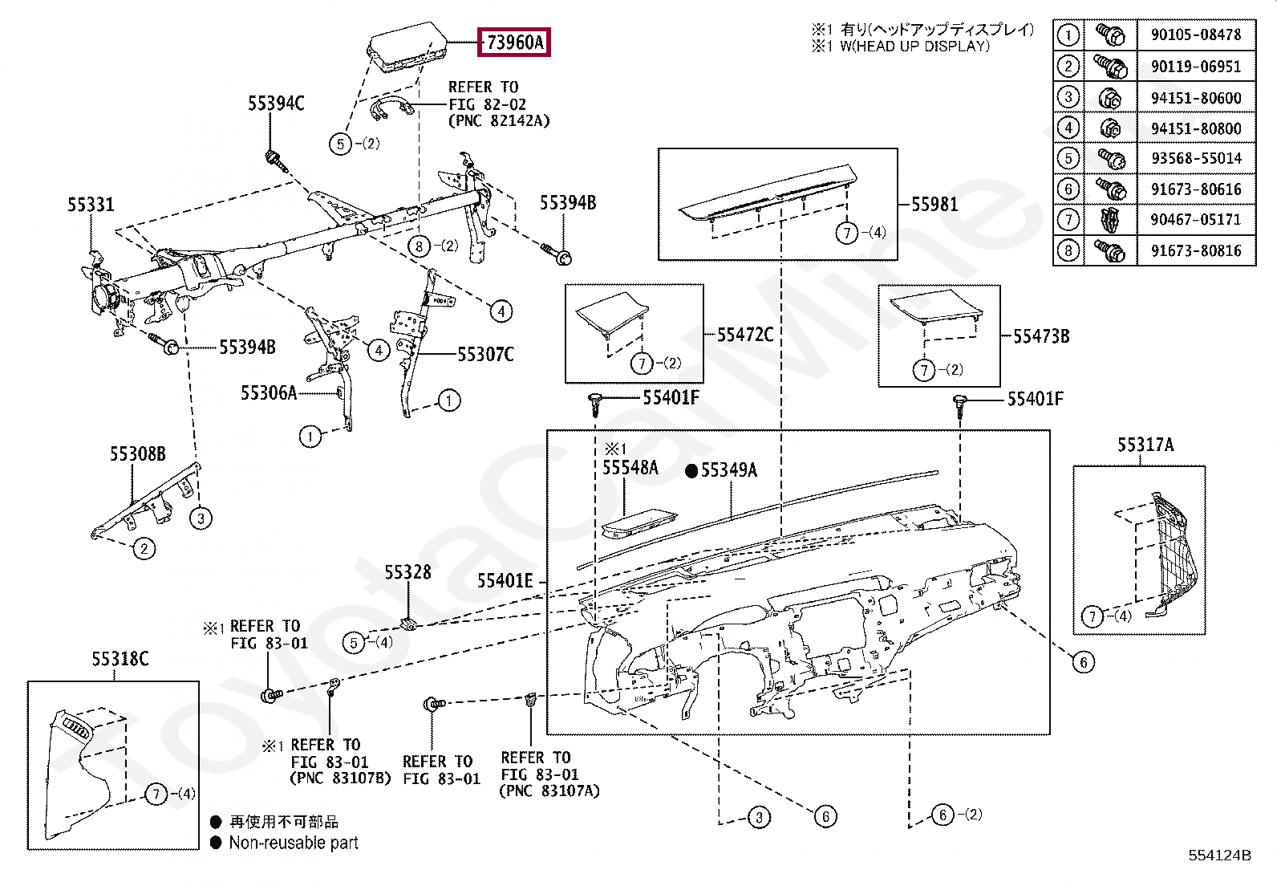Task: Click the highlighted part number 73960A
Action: tap(514, 43)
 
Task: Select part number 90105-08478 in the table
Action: tap(1195, 35)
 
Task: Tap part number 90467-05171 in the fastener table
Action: tap(1195, 219)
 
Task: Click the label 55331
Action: tap(91, 205)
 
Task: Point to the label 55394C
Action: tap(276, 104)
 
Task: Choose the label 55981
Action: tap(934, 205)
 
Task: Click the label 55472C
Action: tap(745, 335)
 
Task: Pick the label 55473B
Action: tap(1041, 336)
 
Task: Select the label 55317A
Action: tap(1145, 445)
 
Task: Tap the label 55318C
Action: tap(120, 659)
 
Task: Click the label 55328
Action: tap(407, 572)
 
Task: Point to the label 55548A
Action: tap(630, 468)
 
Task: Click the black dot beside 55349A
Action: tap(691, 472)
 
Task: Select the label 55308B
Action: tap(138, 454)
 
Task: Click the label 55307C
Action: tap(485, 354)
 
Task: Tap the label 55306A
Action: tap(269, 393)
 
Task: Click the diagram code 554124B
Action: tap(1219, 856)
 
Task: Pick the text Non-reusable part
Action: tap(294, 843)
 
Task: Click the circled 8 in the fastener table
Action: tap(1068, 250)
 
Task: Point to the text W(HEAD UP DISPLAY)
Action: tap(914, 47)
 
